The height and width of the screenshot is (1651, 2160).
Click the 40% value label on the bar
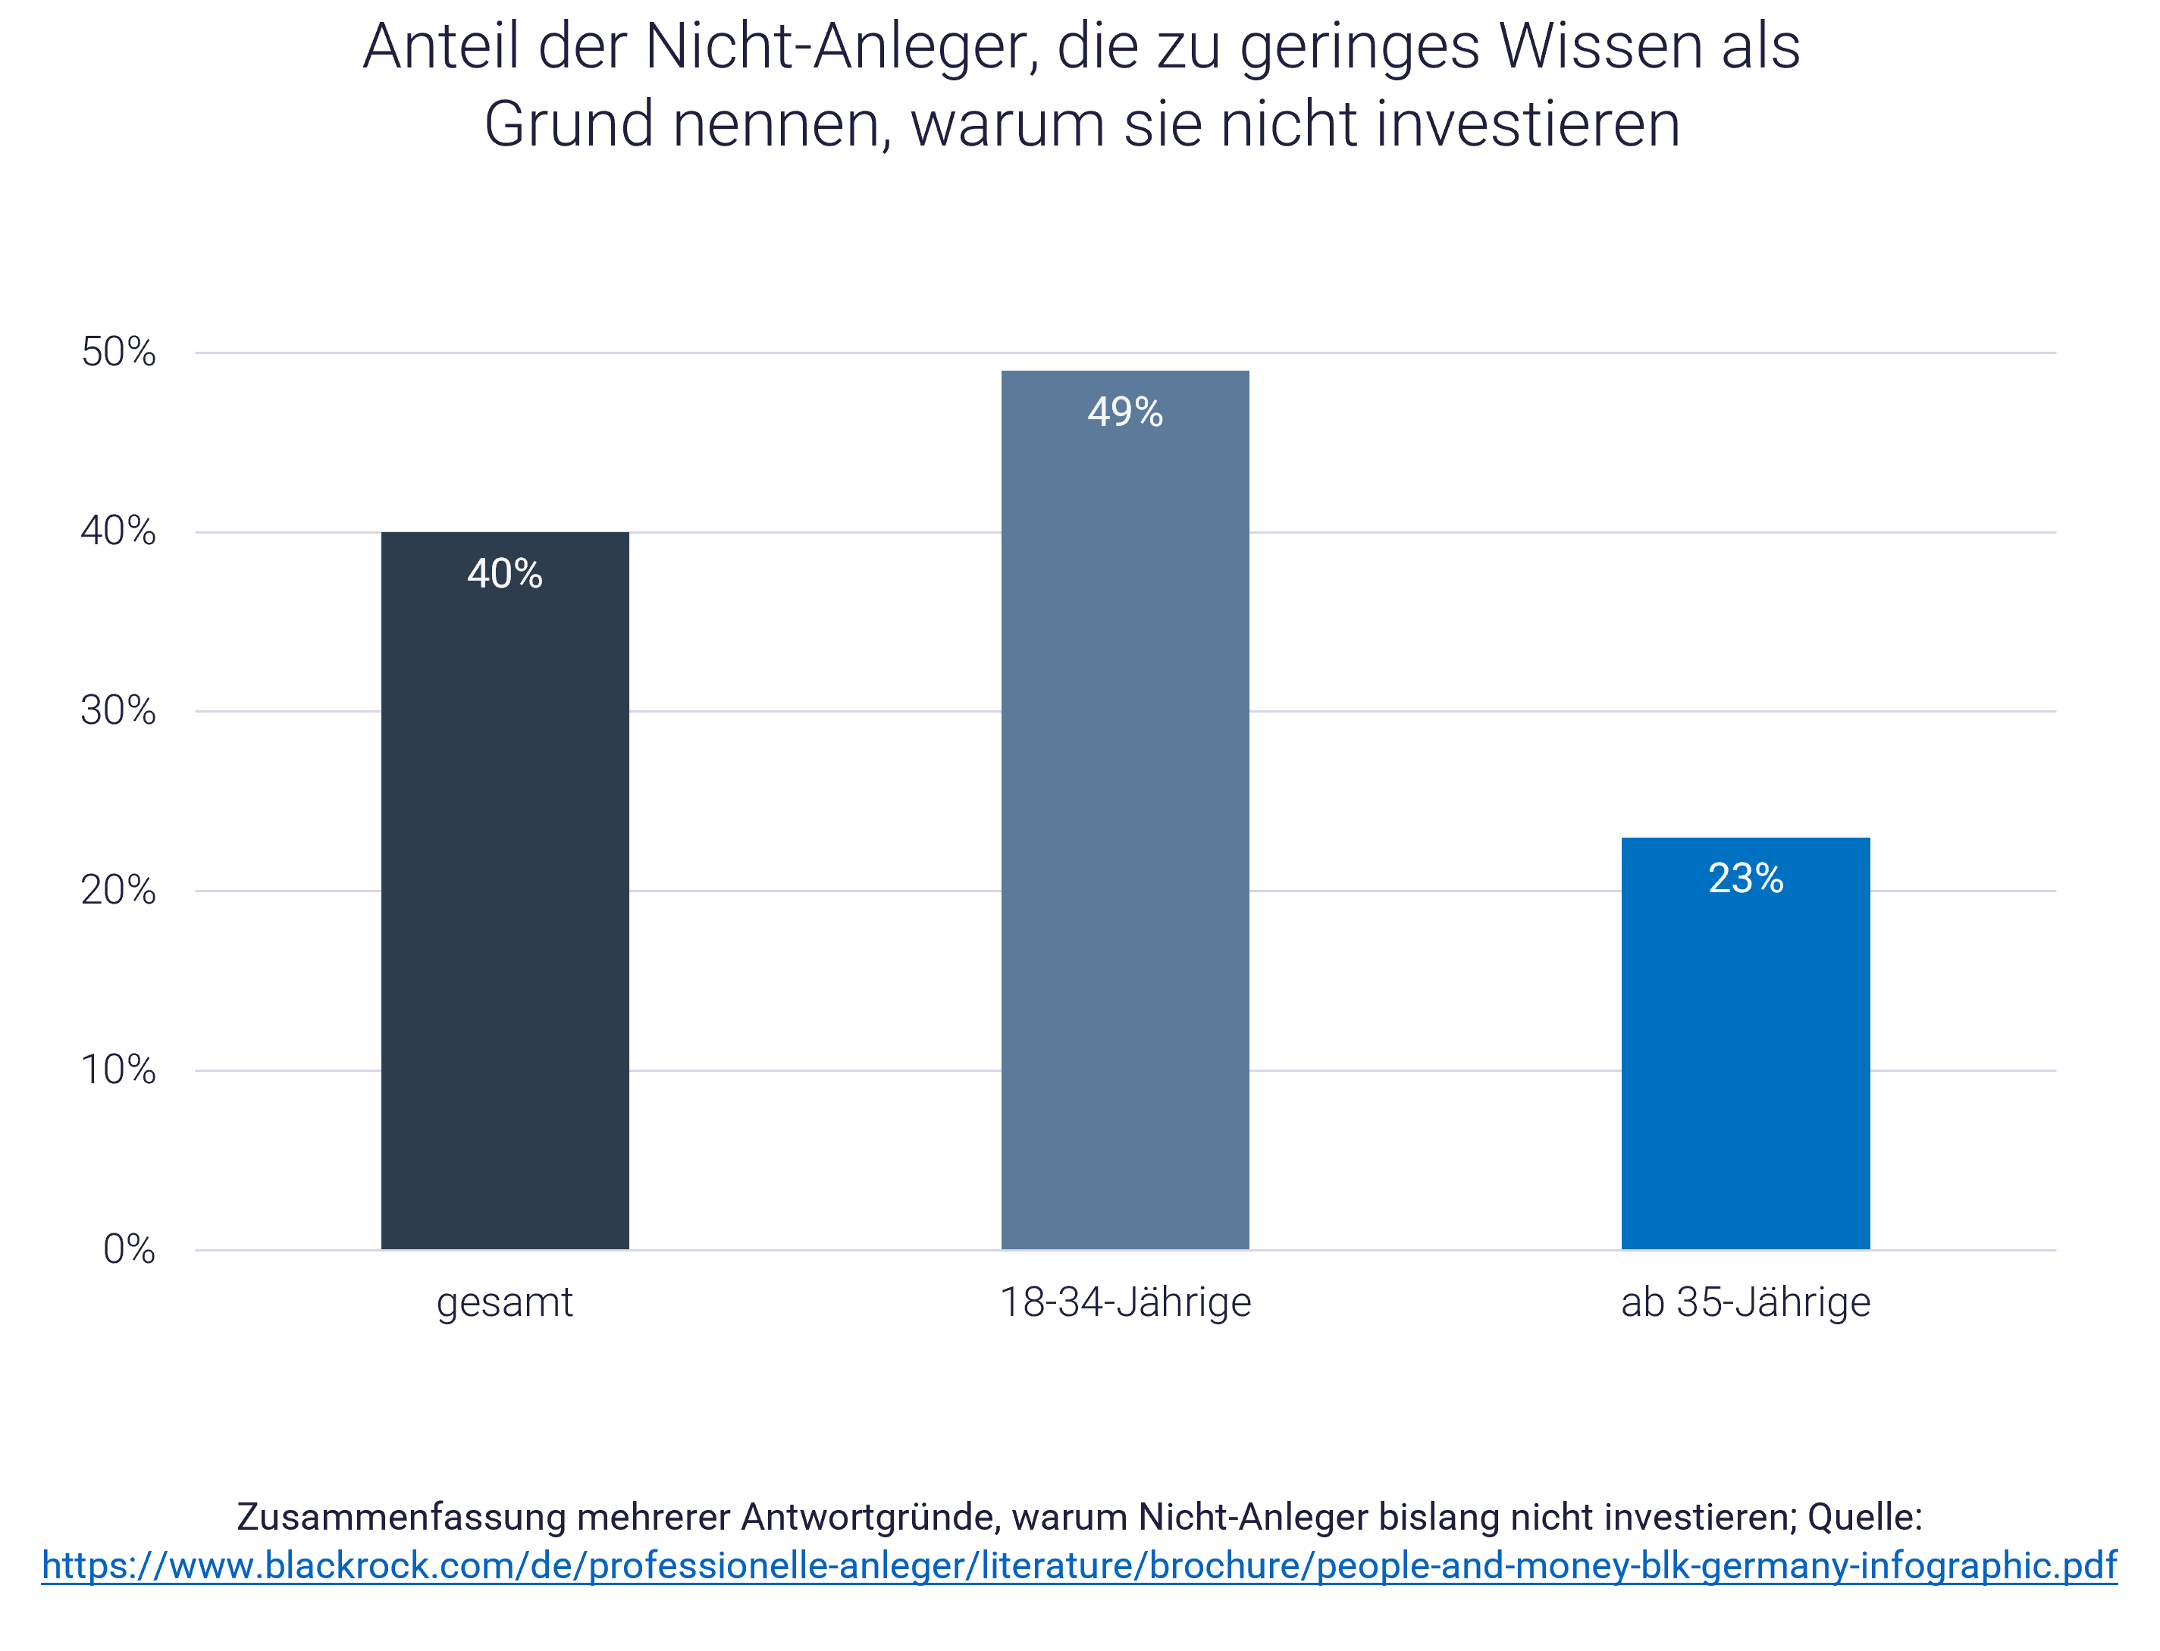[x=505, y=574]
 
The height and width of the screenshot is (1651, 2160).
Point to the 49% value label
[x=1125, y=412]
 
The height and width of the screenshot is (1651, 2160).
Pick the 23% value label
[x=1745, y=879]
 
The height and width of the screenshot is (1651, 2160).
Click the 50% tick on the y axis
[x=119, y=352]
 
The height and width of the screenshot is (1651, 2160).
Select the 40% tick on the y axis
[x=119, y=531]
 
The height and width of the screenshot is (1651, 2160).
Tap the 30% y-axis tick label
[x=119, y=710]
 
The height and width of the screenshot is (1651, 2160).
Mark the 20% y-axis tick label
[x=119, y=891]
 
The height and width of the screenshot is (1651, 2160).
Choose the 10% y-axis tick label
[x=119, y=1070]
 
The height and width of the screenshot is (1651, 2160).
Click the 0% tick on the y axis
[x=129, y=1250]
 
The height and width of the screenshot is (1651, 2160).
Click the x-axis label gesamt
[x=505, y=1304]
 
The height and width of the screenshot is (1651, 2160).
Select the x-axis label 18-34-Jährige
[x=1125, y=1302]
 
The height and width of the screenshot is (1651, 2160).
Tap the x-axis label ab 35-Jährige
[x=1745, y=1302]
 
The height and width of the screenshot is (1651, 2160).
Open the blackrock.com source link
[x=1079, y=1565]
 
